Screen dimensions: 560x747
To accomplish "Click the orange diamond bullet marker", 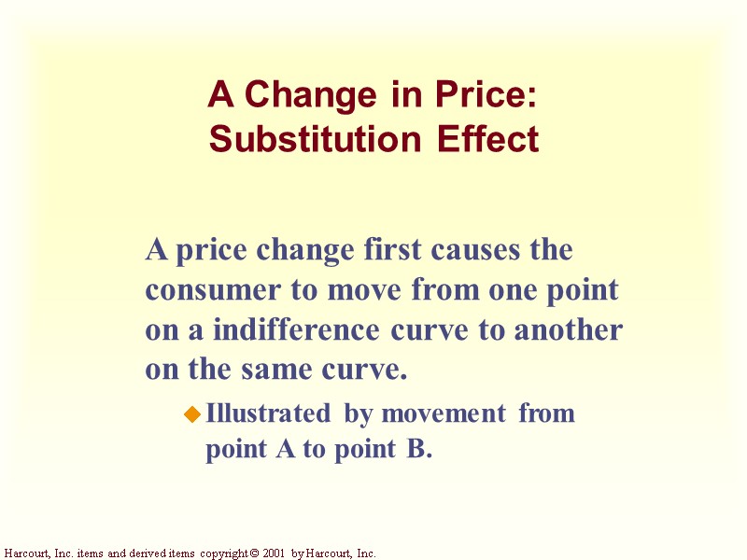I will coord(193,413).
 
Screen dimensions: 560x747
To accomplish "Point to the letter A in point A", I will coord(283,450).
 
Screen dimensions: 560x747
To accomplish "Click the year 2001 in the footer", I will coord(272,553).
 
